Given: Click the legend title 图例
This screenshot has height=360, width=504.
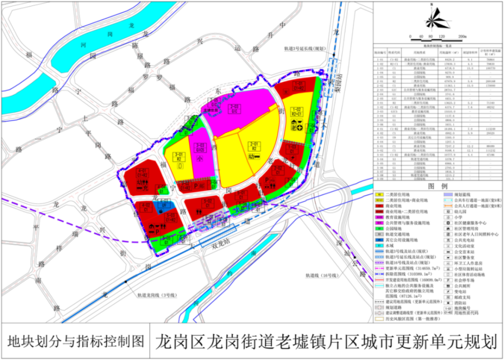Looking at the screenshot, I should pos(437,186).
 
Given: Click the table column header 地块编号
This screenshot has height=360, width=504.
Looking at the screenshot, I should pos(380,51).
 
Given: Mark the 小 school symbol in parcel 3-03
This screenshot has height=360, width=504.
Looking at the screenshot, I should pos(199,156).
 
